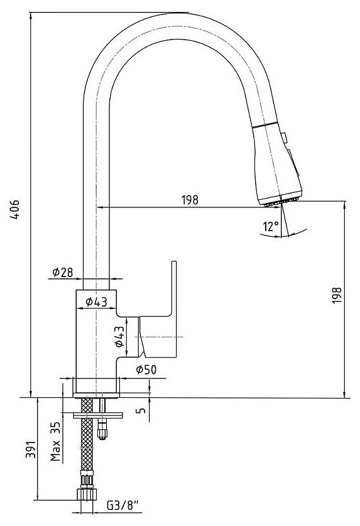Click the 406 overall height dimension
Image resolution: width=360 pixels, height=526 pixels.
click(x=14, y=210)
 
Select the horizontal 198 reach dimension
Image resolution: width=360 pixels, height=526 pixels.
click(x=190, y=200)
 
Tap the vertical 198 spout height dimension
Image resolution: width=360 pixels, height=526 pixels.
click(x=337, y=295)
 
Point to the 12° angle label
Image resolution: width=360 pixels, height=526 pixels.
click(x=271, y=227)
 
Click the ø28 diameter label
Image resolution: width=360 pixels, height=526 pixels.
click(x=62, y=272)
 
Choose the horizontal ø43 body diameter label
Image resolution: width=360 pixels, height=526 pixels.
click(x=96, y=302)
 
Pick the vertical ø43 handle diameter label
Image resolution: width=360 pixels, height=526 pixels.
click(x=119, y=336)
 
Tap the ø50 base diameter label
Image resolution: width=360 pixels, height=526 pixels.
click(x=146, y=370)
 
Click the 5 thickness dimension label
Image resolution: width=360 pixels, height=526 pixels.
click(x=142, y=410)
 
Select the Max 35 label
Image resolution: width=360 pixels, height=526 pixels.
click(x=55, y=441)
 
